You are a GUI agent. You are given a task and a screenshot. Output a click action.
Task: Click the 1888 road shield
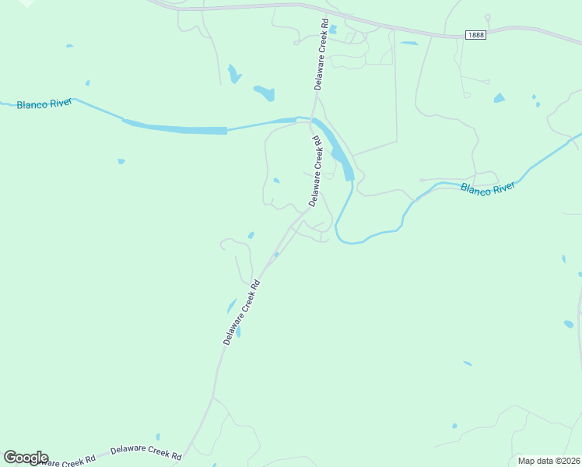point(475,35)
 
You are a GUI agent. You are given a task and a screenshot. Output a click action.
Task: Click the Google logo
point(26,458)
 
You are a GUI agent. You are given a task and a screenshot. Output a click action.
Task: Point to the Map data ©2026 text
point(548,461)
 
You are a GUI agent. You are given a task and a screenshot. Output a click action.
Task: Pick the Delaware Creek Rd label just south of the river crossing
point(315,171)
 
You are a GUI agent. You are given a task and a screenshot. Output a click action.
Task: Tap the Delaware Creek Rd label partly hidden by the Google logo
point(67,460)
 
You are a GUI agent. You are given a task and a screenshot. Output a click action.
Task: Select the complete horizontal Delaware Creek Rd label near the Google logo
point(145,451)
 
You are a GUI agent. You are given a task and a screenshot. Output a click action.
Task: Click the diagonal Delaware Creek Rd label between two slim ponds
point(241,313)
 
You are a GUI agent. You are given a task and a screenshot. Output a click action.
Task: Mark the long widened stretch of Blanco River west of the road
point(174,128)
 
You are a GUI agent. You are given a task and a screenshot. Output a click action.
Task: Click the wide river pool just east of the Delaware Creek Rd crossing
point(341,153)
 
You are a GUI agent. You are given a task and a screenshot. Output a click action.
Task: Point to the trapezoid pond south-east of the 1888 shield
point(499,98)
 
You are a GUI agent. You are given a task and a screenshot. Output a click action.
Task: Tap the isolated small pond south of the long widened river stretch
point(121,161)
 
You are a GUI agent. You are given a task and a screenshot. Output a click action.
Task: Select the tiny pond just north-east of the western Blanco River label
point(87,83)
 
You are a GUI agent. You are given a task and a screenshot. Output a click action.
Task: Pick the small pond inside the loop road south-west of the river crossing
point(276,181)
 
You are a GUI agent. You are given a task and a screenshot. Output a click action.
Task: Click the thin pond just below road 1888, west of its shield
point(409,44)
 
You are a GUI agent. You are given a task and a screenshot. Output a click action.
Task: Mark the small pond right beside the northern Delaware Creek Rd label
point(332,30)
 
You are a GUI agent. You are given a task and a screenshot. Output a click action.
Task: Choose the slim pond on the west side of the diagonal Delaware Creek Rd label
point(231,306)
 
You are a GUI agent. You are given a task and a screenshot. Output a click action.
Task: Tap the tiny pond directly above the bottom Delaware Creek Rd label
point(158,437)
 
